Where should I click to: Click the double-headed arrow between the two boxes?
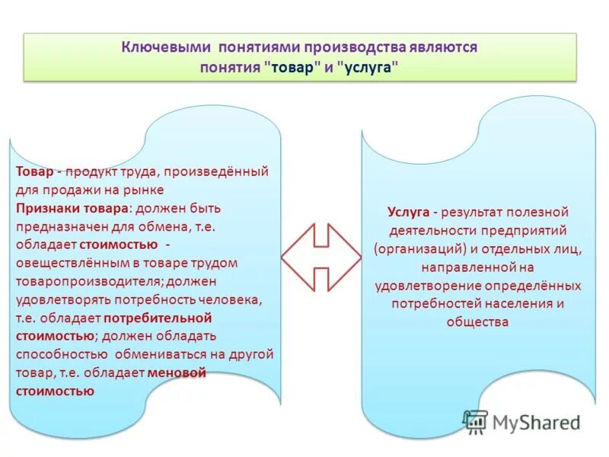320,257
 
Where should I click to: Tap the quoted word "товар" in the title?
292,67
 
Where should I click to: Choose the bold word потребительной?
158,317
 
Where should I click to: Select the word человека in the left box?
234,299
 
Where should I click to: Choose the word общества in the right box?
478,321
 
